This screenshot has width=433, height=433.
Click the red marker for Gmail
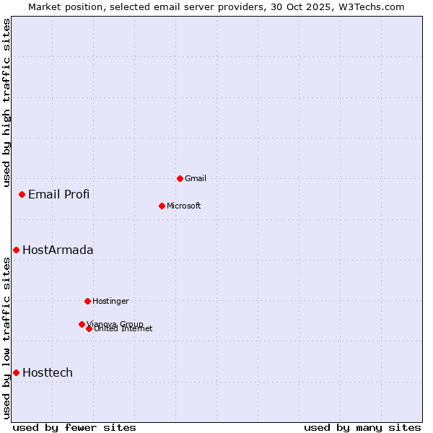coord(180,178)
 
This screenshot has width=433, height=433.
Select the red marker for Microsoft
coord(162,206)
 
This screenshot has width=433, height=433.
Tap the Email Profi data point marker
coord(22,194)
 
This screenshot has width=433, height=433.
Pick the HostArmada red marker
coord(16,250)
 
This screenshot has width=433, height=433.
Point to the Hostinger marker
coord(87,301)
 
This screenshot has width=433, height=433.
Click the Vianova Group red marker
coord(82,324)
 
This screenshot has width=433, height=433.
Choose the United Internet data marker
coord(89,328)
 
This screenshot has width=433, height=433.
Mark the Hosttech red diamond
coord(16,372)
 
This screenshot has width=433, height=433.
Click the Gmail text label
coord(196,178)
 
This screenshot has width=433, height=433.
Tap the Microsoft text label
coord(184,206)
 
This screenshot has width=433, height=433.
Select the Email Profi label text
coord(58,194)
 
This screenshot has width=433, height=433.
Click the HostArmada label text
coord(58,250)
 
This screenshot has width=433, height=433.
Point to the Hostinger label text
coord(110,301)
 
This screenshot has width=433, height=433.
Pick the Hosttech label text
coord(48,372)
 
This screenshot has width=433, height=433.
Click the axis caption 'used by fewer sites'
coord(74,427)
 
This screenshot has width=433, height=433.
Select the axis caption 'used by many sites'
coord(362,427)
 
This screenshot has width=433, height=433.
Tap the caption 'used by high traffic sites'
coord(6,102)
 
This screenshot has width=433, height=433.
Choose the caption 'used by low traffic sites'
coord(6,338)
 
